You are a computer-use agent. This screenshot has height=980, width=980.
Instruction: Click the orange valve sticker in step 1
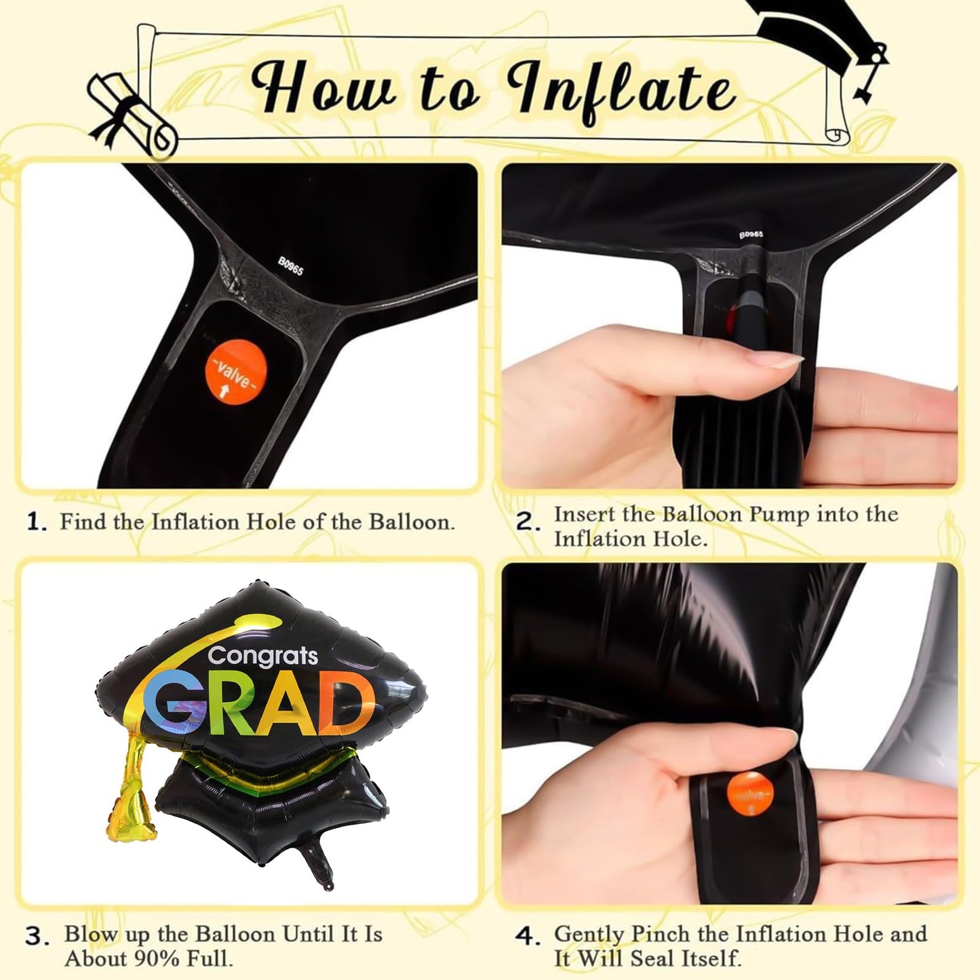(x=235, y=372)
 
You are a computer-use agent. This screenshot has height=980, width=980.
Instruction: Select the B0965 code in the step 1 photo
(x=290, y=265)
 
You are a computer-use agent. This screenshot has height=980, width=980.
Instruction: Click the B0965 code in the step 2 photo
(x=751, y=235)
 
